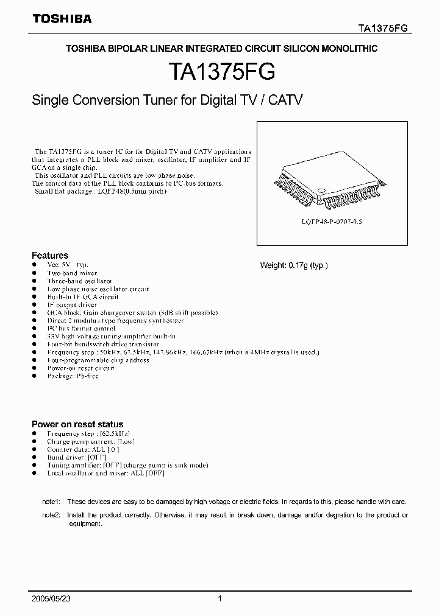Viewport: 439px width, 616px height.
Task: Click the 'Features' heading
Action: click(x=50, y=256)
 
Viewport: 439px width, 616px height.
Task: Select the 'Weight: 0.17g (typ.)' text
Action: click(x=294, y=265)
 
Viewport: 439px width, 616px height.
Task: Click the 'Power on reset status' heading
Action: click(x=77, y=424)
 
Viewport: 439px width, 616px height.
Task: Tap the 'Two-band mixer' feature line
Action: click(x=72, y=274)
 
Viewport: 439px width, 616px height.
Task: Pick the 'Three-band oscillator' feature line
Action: click(x=79, y=281)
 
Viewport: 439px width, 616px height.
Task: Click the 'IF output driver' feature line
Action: click(x=72, y=304)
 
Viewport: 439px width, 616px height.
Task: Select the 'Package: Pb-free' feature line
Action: click(x=73, y=376)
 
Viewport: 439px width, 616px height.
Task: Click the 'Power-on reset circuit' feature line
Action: click(x=80, y=368)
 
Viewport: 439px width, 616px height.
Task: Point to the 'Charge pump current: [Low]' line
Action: click(x=91, y=441)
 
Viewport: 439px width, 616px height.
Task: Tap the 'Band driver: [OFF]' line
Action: click(x=77, y=457)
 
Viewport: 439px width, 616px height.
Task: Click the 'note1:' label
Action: click(x=51, y=502)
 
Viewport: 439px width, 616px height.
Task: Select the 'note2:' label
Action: click(x=51, y=515)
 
